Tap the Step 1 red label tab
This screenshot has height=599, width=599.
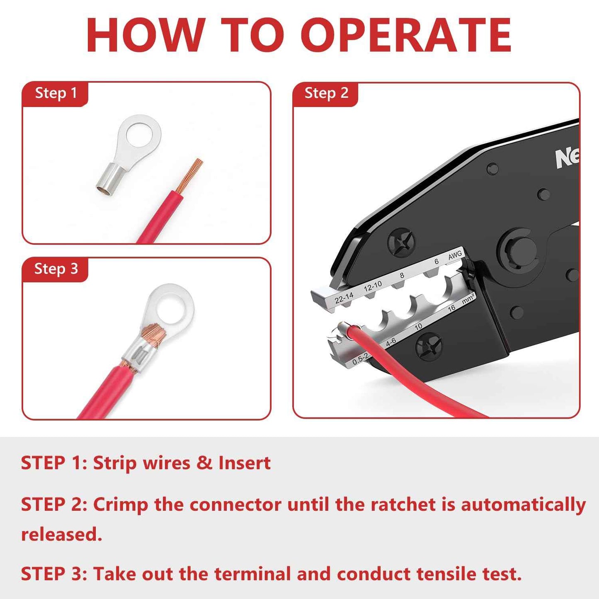[56, 93]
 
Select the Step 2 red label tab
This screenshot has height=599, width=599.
[326, 93]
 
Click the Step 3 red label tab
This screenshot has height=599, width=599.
[56, 269]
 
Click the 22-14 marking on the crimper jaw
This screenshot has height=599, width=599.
[344, 297]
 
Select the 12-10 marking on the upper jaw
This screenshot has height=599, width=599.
[373, 286]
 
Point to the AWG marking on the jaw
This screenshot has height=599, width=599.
[455, 256]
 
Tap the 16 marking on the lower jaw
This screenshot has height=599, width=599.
[451, 308]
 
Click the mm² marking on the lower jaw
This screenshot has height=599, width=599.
[468, 299]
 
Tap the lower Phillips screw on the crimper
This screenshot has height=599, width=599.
[429, 346]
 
